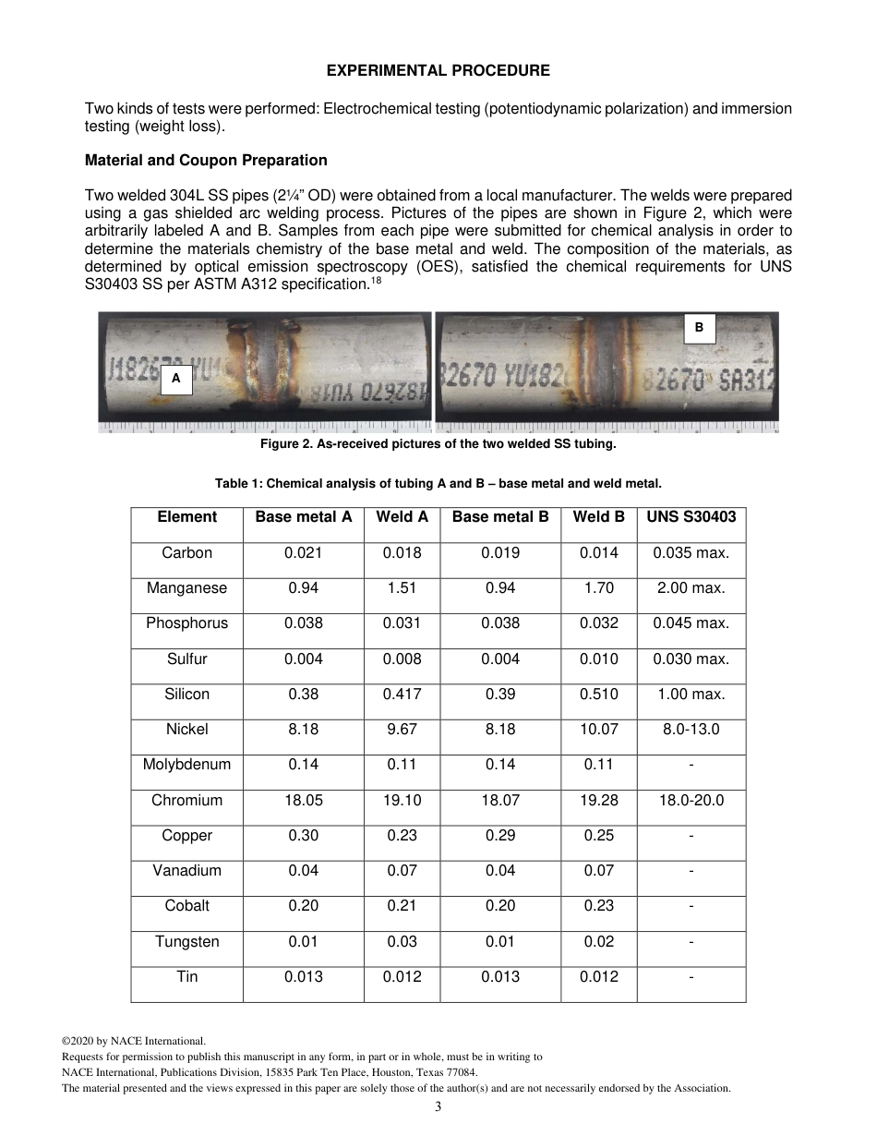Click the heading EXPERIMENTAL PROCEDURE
[x=438, y=70]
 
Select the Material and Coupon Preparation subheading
[x=206, y=160]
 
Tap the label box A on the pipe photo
[x=175, y=379]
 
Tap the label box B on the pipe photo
[x=699, y=328]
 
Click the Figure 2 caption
[x=438, y=444]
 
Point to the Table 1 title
[x=438, y=483]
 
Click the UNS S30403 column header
[x=691, y=517]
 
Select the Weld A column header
[x=402, y=517]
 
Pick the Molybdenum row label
[x=186, y=765]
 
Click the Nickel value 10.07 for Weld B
[x=598, y=730]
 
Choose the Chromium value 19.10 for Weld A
[x=402, y=801]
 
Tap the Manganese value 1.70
[x=598, y=588]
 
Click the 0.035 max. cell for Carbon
[x=691, y=553]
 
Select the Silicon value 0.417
[x=402, y=695]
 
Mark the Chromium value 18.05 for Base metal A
[x=303, y=801]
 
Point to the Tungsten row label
[x=186, y=942]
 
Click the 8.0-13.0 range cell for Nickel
[x=691, y=730]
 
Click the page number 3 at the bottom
[x=438, y=1106]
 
